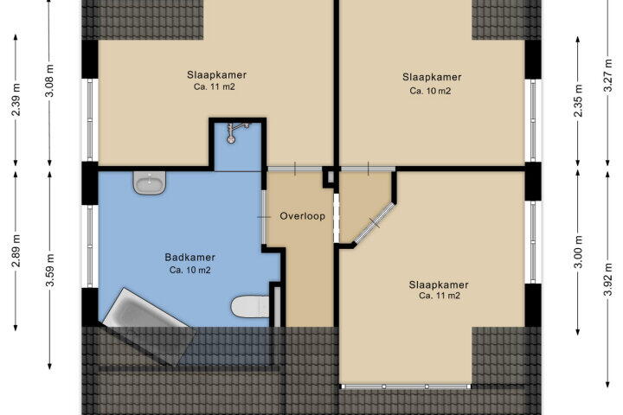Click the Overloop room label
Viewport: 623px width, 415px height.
tap(302, 216)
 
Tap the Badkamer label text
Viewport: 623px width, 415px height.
tap(189, 258)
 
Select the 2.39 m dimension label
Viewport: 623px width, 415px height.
tap(16, 99)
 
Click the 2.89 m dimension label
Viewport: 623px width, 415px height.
tap(16, 251)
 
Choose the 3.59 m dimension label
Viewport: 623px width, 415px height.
tap(50, 270)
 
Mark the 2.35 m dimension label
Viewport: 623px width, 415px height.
tap(578, 100)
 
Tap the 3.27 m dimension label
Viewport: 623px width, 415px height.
tap(608, 75)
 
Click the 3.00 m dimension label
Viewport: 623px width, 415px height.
tap(578, 252)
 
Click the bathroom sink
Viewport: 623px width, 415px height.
tap(150, 182)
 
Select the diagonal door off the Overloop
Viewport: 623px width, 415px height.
tap(374, 223)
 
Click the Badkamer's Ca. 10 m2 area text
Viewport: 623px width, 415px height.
tap(189, 270)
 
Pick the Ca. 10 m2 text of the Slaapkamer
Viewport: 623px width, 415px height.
tap(430, 91)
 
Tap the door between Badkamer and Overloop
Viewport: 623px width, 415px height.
tap(264, 217)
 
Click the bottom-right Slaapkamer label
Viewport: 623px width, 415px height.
tap(439, 284)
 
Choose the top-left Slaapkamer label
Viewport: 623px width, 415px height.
tap(216, 74)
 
